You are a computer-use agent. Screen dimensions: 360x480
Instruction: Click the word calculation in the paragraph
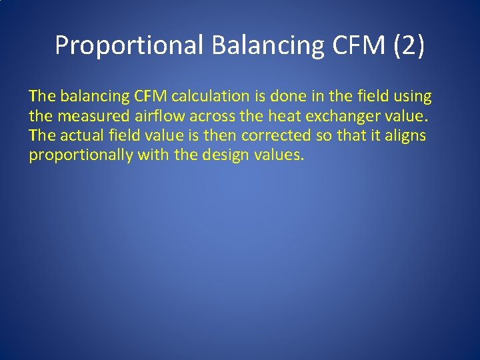[207, 97]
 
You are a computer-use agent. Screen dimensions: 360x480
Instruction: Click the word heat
[283, 117]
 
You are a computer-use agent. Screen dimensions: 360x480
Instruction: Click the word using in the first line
[413, 97]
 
